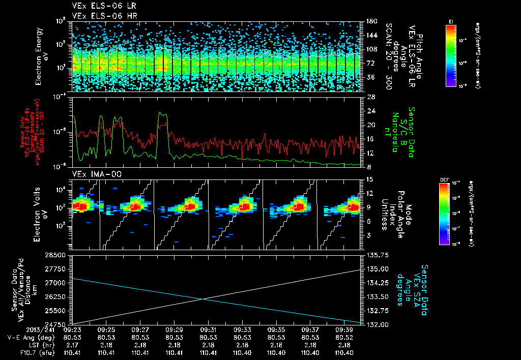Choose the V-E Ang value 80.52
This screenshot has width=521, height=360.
(344, 337)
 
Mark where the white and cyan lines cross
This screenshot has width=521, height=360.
(204, 298)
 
